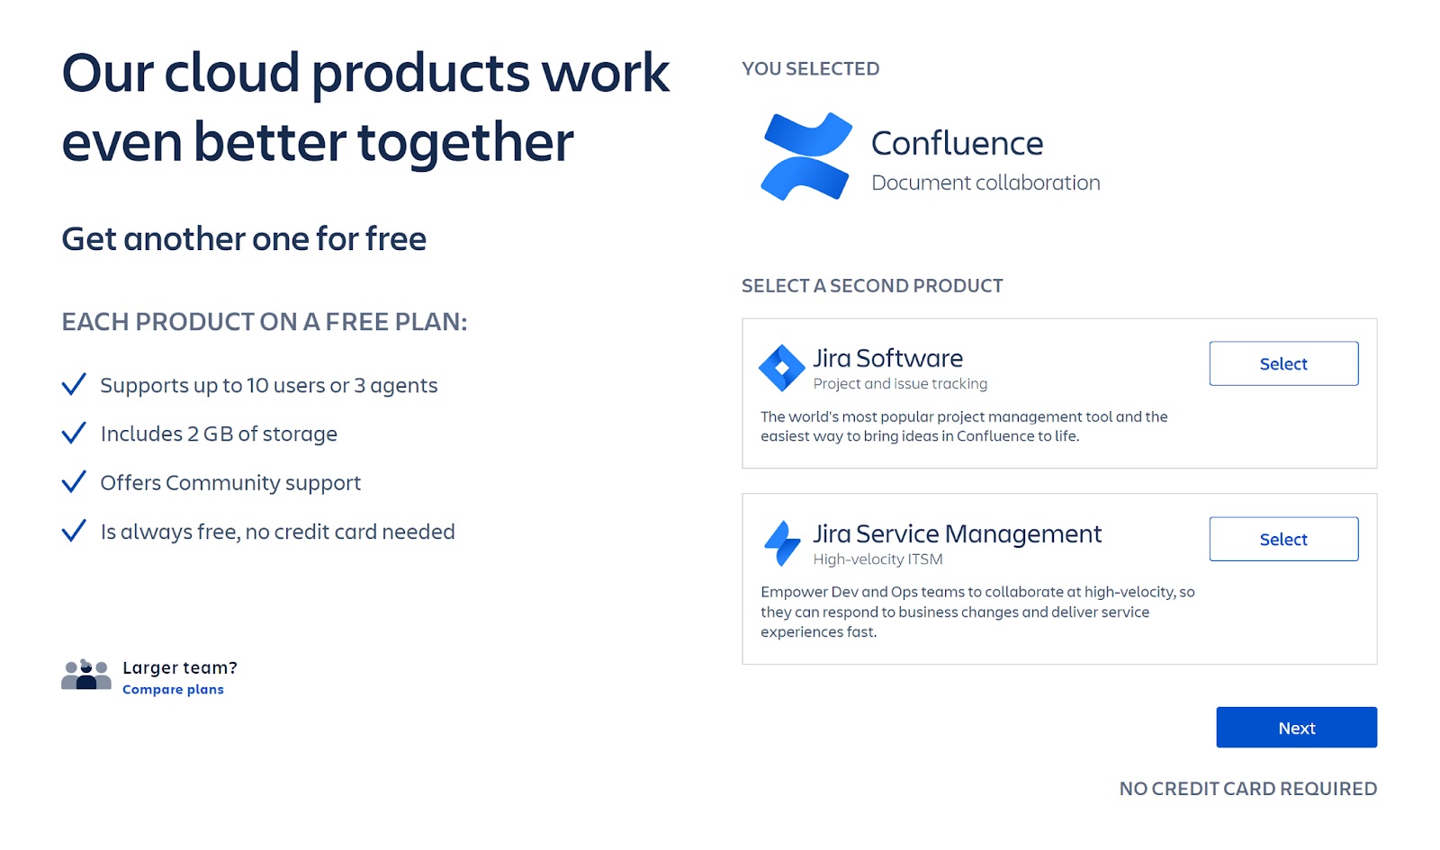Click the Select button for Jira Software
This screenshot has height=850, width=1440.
(1283, 363)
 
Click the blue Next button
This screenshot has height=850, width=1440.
(1296, 728)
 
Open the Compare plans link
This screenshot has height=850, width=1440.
(173, 689)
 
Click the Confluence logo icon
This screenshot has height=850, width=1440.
(806, 157)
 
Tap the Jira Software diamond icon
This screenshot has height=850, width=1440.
(782, 368)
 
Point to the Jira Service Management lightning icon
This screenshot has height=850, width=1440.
(782, 543)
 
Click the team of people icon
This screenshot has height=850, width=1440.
(86, 675)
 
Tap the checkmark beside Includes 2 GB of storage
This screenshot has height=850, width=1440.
(74, 433)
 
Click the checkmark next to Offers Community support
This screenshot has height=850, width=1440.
(74, 482)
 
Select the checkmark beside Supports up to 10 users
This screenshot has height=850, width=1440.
(74, 384)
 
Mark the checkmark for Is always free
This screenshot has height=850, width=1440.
(74, 531)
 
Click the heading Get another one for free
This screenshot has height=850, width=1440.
(244, 239)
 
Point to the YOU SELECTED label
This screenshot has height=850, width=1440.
(811, 68)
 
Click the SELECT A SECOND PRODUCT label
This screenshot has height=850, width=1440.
(872, 286)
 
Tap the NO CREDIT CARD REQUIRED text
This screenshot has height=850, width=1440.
(1247, 788)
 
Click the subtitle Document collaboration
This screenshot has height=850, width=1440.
(985, 183)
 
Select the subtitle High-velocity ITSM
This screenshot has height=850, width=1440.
(877, 559)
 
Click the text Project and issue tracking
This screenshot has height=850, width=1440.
(900, 383)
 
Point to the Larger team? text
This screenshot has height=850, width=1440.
(180, 667)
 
